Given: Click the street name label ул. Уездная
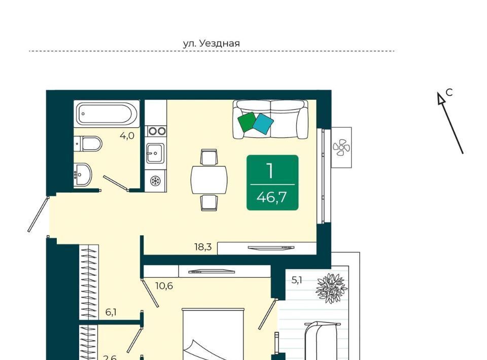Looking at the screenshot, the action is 211,43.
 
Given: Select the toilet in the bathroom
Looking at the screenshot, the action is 88,143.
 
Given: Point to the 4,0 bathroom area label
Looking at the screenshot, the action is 127,135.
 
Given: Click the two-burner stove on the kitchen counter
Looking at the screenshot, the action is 157,131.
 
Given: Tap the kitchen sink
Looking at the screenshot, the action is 155,153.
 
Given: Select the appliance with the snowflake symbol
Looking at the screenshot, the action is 155,181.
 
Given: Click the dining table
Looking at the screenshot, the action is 209,180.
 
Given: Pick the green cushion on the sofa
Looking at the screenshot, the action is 247,121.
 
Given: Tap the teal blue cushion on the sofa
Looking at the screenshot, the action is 263,124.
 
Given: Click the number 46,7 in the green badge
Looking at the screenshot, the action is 271,197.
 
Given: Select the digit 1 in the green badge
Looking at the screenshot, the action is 270,171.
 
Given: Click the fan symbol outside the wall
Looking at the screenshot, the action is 341,148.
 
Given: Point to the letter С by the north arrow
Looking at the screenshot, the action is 449,92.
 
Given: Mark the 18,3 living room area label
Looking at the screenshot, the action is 203,247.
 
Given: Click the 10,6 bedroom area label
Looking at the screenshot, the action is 164,286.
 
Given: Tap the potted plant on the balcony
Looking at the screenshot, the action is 331,287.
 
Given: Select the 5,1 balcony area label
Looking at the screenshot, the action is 297,280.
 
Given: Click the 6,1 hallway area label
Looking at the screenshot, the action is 111,312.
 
